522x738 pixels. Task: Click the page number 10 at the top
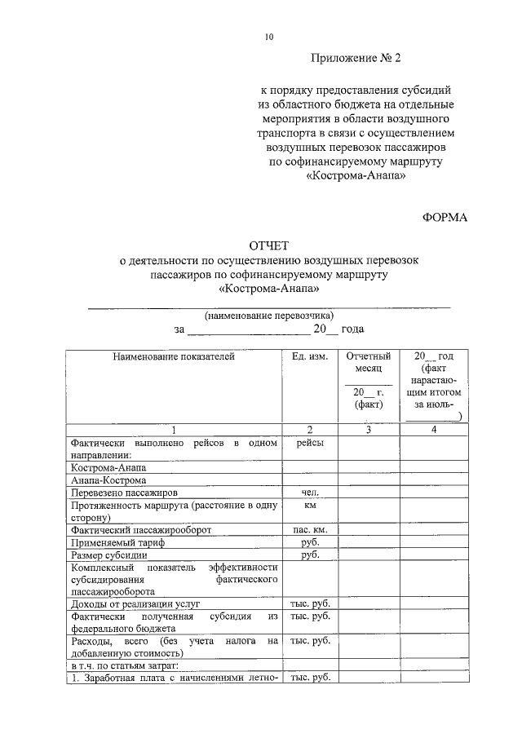click(268, 37)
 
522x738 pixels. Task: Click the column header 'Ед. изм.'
click(309, 356)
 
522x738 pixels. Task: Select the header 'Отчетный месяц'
click(369, 363)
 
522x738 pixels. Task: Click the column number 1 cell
click(173, 430)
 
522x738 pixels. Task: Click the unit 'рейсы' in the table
click(309, 443)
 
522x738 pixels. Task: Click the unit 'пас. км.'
click(309, 530)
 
